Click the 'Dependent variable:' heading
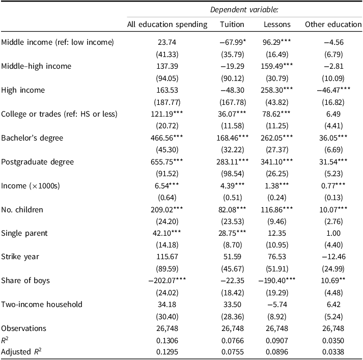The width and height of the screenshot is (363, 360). point(244,10)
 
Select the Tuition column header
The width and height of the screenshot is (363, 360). point(232,24)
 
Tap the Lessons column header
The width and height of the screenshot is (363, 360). point(277,24)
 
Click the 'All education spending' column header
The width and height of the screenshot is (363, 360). point(167,24)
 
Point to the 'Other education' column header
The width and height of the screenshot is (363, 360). point(333,24)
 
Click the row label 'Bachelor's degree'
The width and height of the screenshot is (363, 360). point(32,138)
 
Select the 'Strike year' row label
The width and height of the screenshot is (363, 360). point(20,257)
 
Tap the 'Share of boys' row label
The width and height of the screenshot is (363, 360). point(25,281)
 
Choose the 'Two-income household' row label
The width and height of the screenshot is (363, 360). point(42,304)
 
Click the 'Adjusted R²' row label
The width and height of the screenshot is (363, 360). point(21,352)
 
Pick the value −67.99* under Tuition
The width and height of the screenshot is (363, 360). point(233,42)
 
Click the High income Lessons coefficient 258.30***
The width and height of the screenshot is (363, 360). point(276,90)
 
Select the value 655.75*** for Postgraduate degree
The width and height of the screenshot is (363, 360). point(166,162)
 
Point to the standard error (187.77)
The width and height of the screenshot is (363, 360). point(167,102)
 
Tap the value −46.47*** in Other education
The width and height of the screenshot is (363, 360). point(333,90)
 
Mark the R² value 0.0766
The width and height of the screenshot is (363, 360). point(233,341)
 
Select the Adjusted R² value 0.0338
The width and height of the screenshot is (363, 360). point(333,352)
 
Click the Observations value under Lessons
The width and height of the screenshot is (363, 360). point(277,328)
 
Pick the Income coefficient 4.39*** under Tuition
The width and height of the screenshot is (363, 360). point(233,186)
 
